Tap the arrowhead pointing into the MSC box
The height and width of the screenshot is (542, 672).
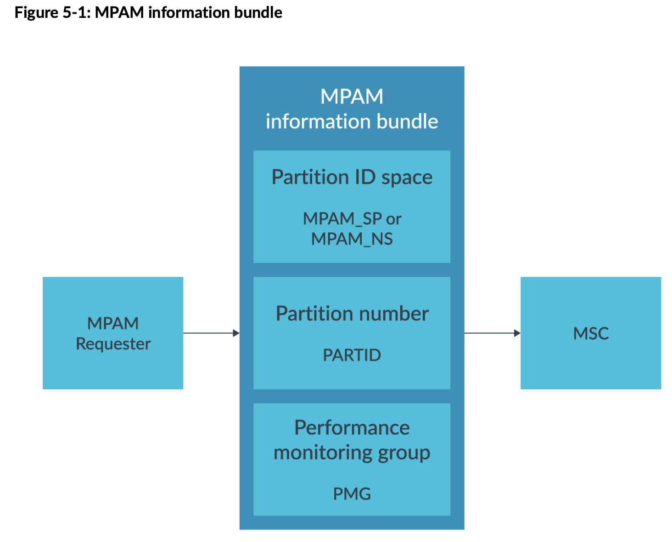click(517, 333)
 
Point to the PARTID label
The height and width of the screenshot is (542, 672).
click(352, 355)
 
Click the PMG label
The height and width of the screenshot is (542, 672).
click(352, 494)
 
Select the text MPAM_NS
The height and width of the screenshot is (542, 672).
click(352, 239)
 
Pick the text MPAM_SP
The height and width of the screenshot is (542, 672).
click(342, 219)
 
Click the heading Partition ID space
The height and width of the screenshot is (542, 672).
click(352, 177)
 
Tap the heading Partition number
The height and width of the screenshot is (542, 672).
click(352, 314)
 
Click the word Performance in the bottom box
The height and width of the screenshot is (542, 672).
click(352, 427)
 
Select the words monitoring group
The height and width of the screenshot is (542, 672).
click(352, 453)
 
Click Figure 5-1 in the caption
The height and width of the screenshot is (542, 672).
click(52, 12)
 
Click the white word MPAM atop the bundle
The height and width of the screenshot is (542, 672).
click(352, 96)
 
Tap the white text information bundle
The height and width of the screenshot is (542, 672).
click(352, 122)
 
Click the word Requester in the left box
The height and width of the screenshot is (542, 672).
click(113, 343)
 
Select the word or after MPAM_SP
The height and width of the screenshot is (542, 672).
click(393, 219)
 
